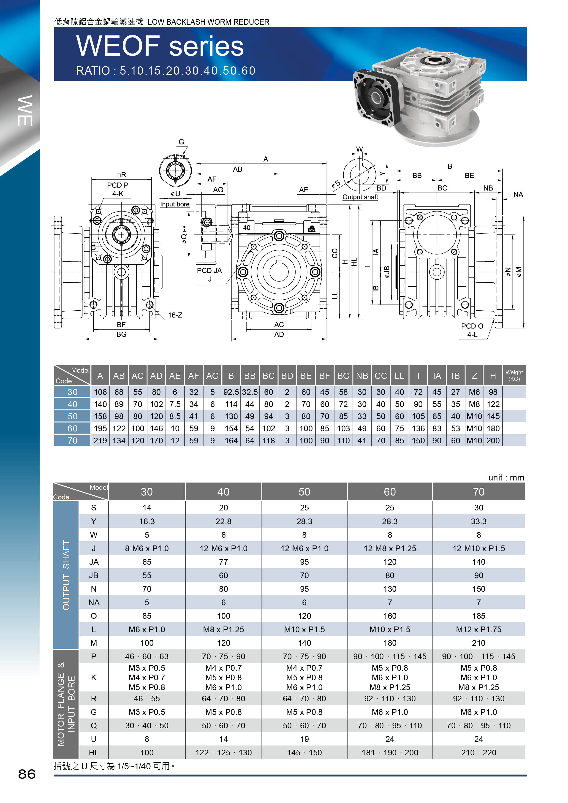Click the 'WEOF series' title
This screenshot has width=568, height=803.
[160, 46]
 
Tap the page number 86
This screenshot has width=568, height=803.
[27, 774]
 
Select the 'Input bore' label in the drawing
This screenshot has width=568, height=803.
[174, 204]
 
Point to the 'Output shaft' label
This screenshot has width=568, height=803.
[360, 197]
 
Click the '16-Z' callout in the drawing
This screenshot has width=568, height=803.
[175, 315]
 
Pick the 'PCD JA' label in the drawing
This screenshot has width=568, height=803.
[209, 270]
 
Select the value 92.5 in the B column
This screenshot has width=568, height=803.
[231, 392]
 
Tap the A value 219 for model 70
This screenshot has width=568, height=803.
[100, 440]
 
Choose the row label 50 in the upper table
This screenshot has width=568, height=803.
[72, 416]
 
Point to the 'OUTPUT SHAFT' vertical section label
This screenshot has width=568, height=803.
[66, 575]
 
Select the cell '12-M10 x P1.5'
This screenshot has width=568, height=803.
[478, 548]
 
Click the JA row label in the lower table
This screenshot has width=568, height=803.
[94, 562]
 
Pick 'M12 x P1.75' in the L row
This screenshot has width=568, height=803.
[478, 629]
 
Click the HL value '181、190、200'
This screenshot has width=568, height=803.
[390, 753]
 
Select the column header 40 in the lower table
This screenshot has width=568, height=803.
[223, 492]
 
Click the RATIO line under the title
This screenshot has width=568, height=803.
[166, 71]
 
